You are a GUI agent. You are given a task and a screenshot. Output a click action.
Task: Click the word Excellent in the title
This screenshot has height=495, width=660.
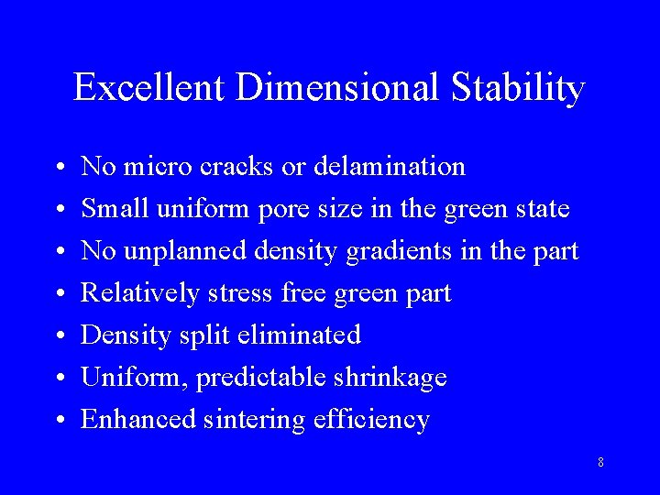pos(149,88)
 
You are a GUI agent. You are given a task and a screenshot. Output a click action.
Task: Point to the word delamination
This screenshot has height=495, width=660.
pos(390,167)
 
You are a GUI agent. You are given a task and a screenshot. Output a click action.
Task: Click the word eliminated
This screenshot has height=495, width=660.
pos(299,335)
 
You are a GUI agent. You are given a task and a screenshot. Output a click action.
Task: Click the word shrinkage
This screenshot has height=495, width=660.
pos(391,378)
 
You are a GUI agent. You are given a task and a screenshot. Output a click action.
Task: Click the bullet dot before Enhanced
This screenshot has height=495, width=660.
pos(58,421)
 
